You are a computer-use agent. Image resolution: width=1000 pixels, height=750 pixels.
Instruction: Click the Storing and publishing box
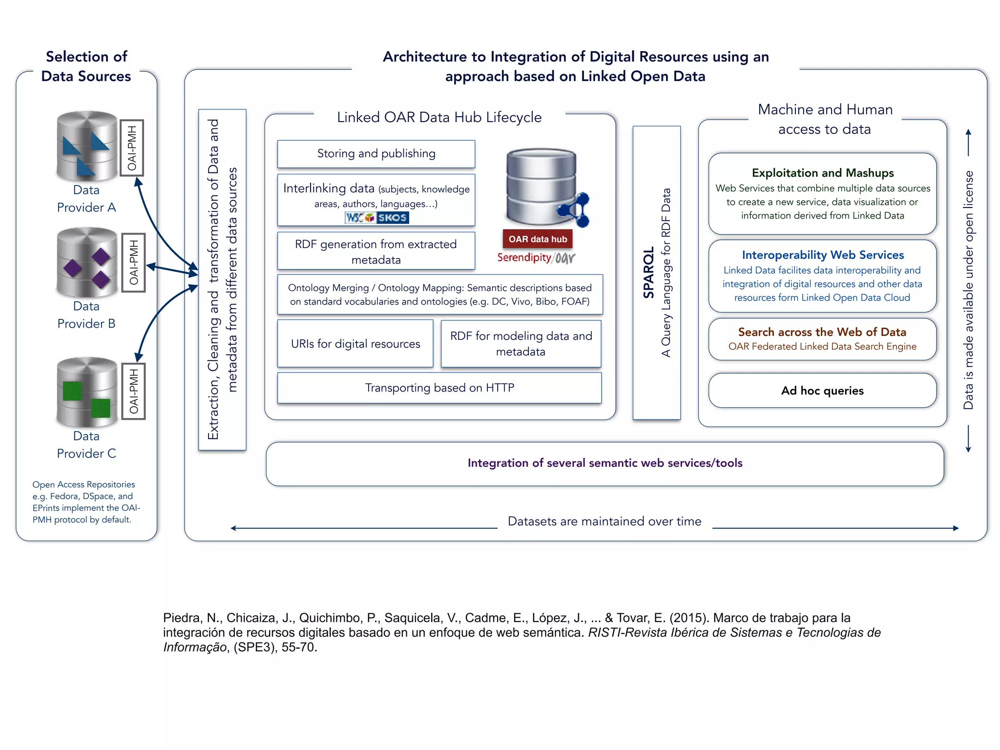coord(376,154)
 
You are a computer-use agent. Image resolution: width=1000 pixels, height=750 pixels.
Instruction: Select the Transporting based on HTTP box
coord(439,388)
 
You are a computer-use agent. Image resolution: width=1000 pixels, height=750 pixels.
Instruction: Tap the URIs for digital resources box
coord(355,344)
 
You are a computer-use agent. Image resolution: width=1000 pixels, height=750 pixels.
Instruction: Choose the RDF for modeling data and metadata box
coord(521,344)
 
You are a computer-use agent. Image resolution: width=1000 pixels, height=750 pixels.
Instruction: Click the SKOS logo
coord(392,218)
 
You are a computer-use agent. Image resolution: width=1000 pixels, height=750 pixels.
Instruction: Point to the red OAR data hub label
coord(538,239)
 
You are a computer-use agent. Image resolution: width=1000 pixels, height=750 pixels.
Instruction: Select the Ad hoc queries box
coord(822,391)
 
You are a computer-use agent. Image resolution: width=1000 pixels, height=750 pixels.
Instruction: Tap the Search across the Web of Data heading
coord(822,332)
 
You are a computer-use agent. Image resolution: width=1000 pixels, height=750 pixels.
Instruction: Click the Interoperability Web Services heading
coord(823,255)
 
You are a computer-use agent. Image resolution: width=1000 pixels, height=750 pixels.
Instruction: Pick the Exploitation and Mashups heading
coord(823,173)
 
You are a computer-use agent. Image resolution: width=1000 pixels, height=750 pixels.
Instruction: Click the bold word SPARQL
coord(648,272)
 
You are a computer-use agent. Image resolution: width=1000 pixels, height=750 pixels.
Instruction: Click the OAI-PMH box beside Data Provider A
coord(132,147)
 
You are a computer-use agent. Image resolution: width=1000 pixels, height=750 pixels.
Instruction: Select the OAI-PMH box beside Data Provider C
coord(134,391)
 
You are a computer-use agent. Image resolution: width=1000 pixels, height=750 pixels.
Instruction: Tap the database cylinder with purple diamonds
coord(87,262)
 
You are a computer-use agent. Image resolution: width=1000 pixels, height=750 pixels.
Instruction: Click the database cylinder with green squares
coord(87,392)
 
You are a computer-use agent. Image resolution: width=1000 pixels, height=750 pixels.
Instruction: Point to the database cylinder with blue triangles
coord(87,146)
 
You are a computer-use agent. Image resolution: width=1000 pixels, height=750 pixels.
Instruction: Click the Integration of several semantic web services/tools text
coord(604,463)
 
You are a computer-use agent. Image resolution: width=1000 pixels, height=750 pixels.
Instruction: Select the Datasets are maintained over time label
coord(604,521)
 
